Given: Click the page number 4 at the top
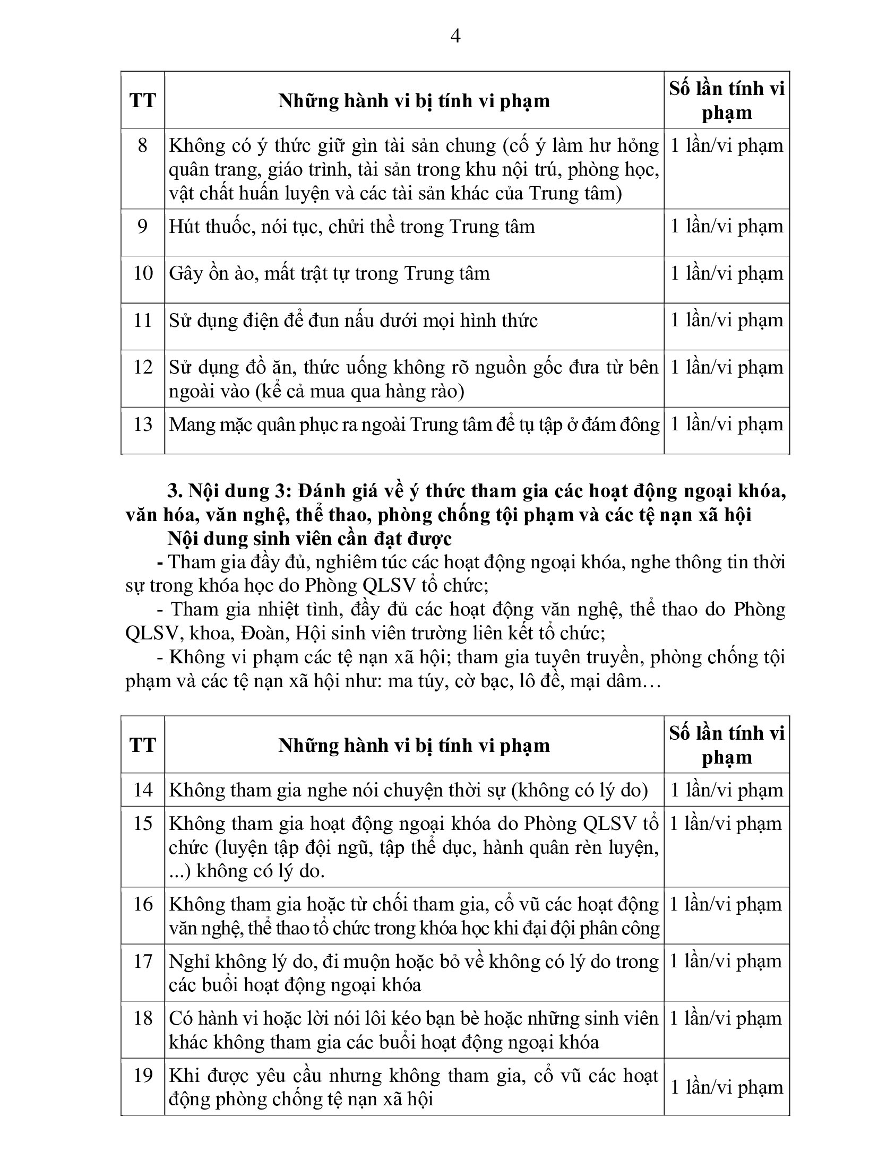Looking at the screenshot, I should [455, 37].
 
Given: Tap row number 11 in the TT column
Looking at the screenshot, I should [142, 321].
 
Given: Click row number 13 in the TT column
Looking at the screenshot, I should [142, 425].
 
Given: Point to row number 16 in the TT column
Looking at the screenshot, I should [142, 904].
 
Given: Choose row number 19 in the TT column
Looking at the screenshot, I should [142, 1076].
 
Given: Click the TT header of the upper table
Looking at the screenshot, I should [142, 100].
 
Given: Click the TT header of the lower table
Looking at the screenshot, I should [142, 745].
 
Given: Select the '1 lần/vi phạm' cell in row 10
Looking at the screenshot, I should [727, 273].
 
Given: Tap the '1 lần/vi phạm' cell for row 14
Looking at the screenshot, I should [727, 790].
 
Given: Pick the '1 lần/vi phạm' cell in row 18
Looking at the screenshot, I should [726, 1018].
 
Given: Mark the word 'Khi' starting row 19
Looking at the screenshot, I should [182, 1076].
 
